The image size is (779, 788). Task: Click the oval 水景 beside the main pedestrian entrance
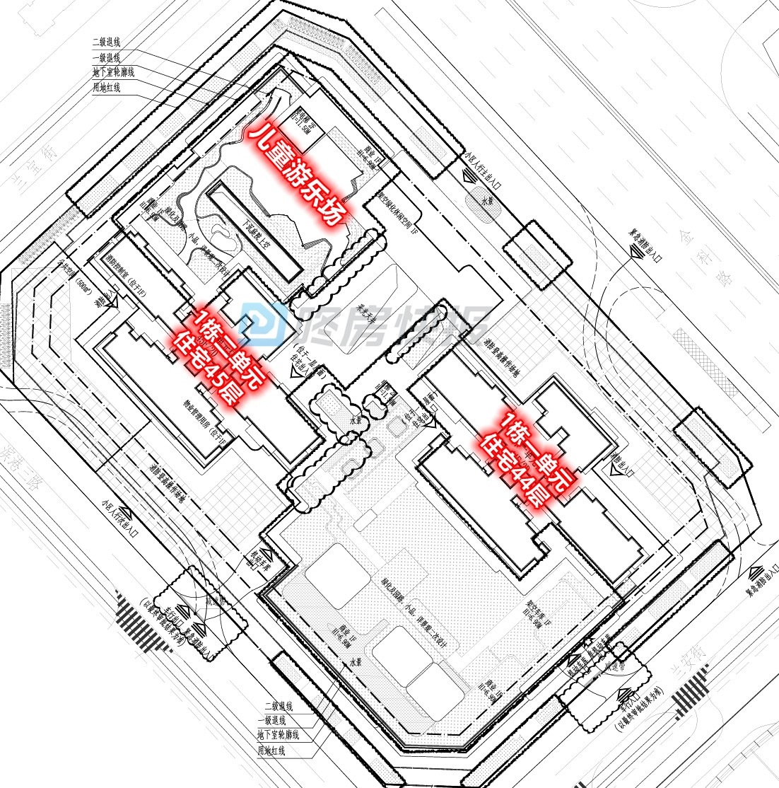coord(484,202)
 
